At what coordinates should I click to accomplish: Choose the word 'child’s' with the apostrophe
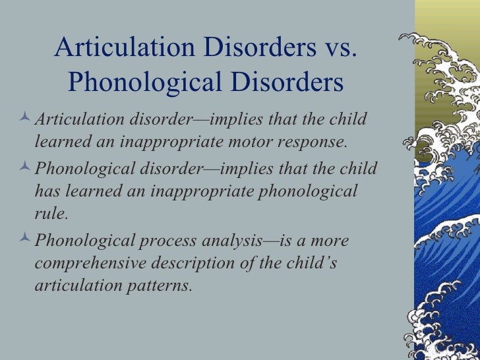[x=311, y=263]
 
